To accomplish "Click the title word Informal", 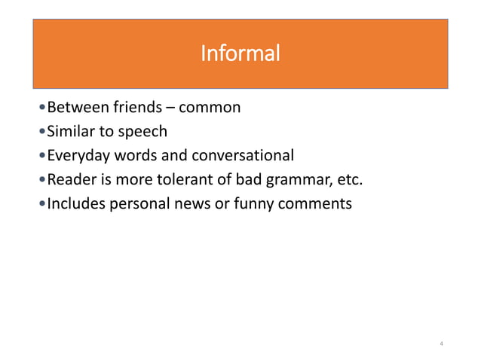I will (x=240, y=53).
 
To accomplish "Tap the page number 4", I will (x=441, y=344).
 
